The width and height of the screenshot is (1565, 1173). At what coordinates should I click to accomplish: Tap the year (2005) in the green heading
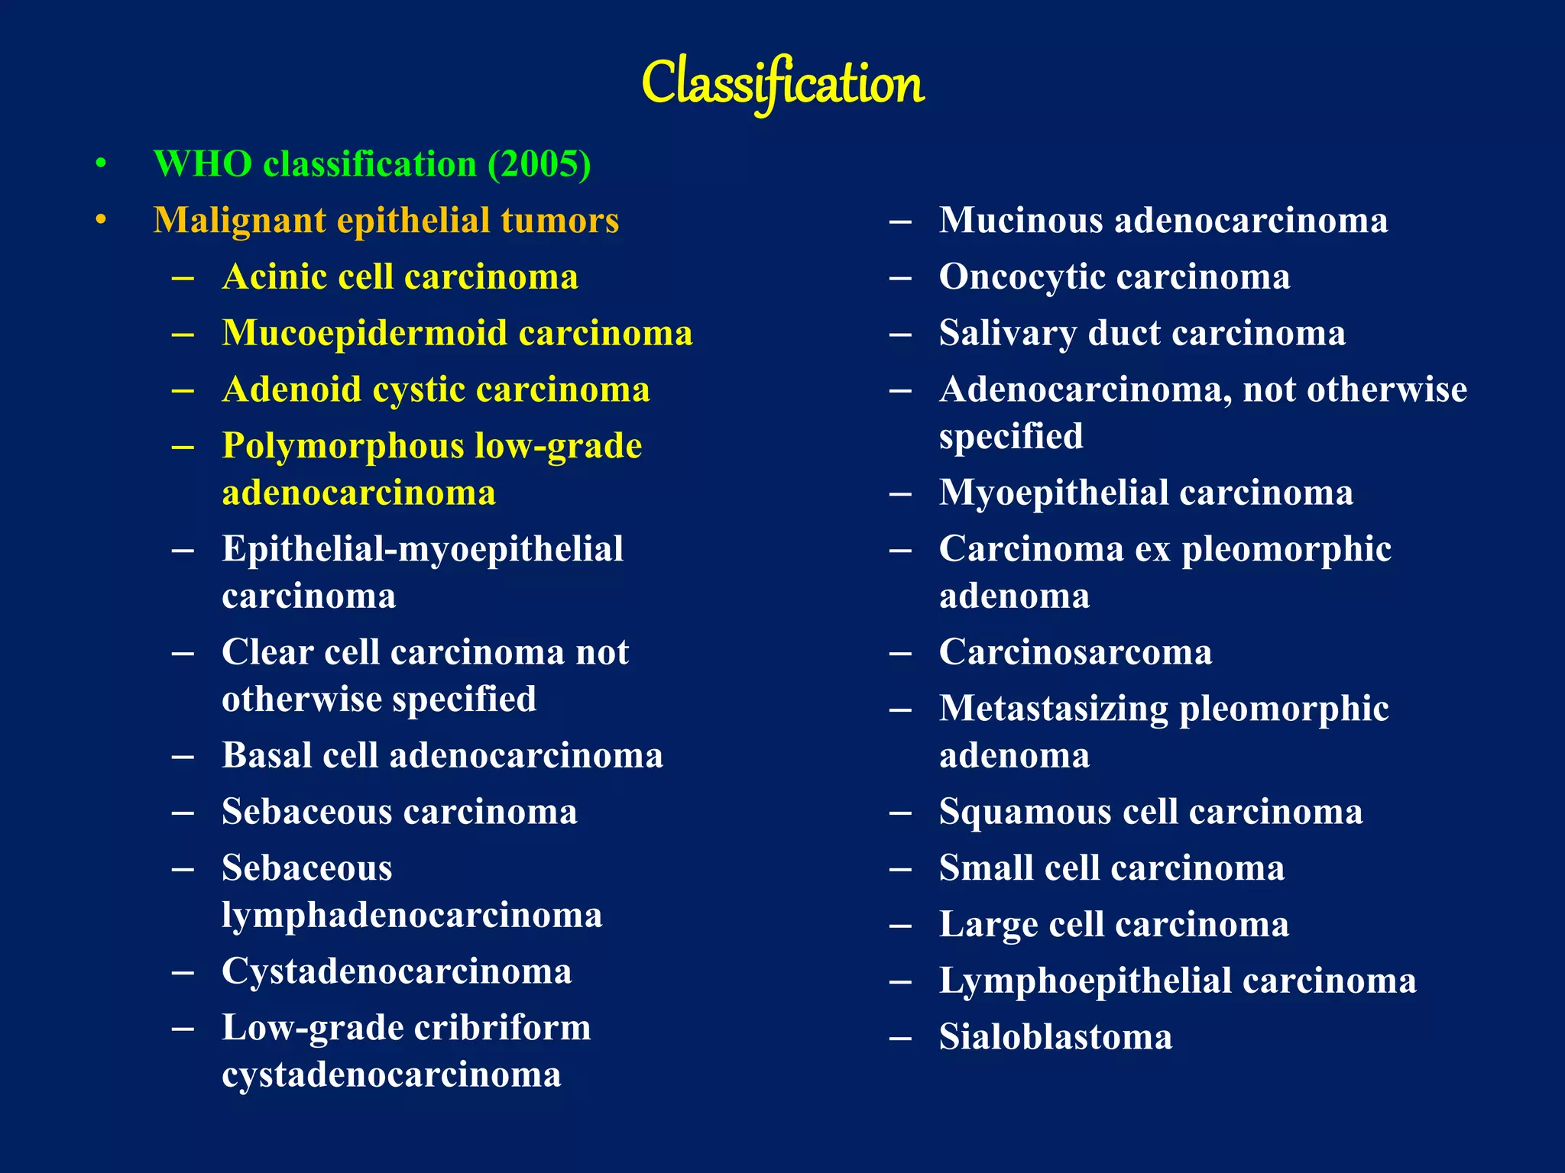tap(539, 164)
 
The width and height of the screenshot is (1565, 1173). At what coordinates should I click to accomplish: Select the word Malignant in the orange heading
tap(240, 221)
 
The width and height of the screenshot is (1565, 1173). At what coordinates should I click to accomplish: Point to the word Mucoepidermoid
tap(365, 334)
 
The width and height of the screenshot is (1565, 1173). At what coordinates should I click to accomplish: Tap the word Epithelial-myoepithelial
tap(423, 549)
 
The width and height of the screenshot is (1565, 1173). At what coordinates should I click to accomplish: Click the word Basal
tap(267, 755)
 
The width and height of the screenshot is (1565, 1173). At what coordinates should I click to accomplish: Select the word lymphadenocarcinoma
tap(412, 915)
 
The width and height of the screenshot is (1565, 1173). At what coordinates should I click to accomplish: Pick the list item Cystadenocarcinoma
tap(397, 971)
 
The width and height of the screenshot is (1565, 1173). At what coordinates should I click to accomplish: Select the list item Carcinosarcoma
tap(1075, 652)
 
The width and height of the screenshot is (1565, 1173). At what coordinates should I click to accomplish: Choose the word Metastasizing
tap(1054, 709)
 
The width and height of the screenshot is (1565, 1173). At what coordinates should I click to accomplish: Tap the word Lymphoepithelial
tap(1085, 981)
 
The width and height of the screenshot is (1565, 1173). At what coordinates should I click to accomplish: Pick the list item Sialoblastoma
tap(1055, 1037)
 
